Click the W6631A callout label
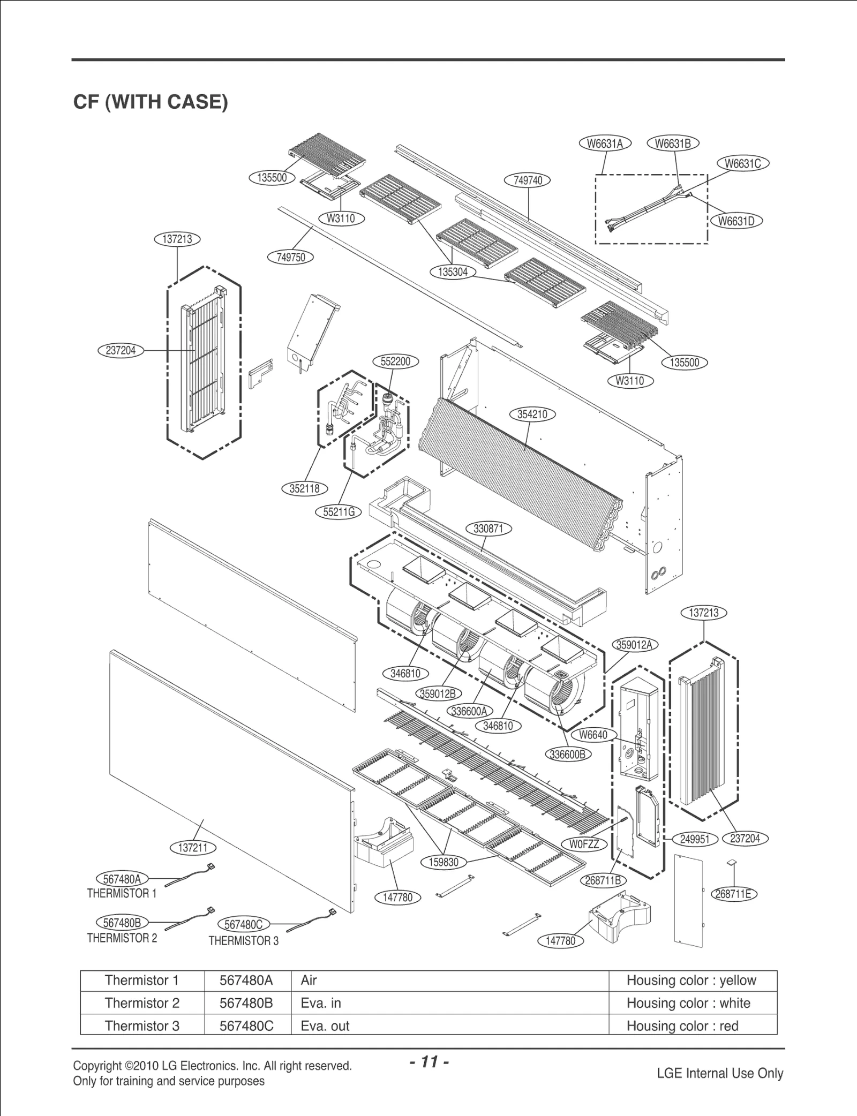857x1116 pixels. (605, 144)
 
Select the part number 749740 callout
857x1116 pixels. (528, 180)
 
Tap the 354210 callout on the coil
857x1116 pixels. (532, 414)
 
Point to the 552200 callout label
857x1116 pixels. (395, 361)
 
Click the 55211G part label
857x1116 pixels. (339, 512)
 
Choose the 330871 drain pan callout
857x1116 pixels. (488, 529)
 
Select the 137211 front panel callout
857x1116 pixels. (193, 848)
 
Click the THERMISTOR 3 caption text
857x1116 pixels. (243, 941)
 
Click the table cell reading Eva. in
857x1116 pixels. (321, 1003)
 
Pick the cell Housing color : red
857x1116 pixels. (682, 1026)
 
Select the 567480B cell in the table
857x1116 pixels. (246, 1003)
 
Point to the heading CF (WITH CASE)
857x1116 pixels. (151, 102)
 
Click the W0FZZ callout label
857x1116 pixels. (584, 844)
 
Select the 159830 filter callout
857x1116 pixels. (444, 862)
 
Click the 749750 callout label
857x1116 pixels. (290, 257)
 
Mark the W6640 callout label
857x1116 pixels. (593, 735)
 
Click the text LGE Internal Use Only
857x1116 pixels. (720, 1073)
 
